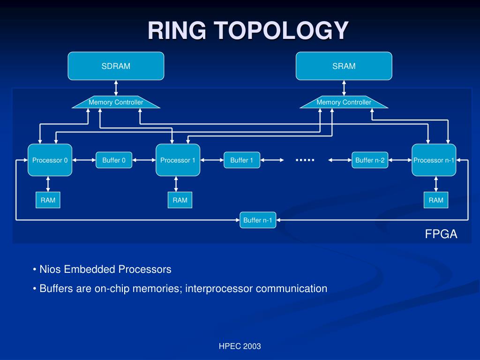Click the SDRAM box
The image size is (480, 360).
[x=116, y=66]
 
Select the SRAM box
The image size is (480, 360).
[x=344, y=66]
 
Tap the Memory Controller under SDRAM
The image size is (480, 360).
[x=116, y=102]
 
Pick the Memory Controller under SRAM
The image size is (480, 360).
[x=344, y=102]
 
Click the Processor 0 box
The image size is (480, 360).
[x=50, y=160]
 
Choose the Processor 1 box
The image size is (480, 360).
[x=178, y=160]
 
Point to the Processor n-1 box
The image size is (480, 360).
[x=434, y=160]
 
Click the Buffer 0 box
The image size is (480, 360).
[x=114, y=160]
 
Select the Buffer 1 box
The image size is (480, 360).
[x=242, y=160]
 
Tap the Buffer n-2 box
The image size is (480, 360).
[x=370, y=160]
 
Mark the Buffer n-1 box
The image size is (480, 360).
[x=258, y=220]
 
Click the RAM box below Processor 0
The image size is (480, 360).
[x=48, y=200]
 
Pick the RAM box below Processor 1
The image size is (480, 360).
[x=180, y=200]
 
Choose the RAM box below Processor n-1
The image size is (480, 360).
[x=436, y=200]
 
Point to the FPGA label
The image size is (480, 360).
[x=441, y=234]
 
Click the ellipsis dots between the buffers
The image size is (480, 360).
[x=305, y=160]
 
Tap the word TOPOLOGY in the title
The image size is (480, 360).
[x=283, y=30]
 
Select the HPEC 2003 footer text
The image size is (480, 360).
[x=240, y=346]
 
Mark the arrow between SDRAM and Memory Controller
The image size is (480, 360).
[x=116, y=88]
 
